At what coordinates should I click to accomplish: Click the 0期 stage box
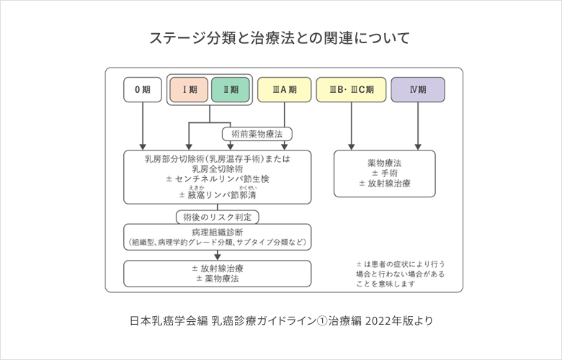(143, 89)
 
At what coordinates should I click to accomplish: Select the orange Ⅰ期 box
(189, 89)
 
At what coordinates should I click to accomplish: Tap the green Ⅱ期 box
(231, 89)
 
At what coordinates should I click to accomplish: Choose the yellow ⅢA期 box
(284, 89)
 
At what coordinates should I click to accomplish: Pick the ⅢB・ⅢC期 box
(351, 89)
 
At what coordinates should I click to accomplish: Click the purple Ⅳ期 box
(418, 89)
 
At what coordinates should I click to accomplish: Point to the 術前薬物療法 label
(257, 134)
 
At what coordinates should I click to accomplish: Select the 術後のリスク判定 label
(218, 216)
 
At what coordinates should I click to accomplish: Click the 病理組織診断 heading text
(218, 232)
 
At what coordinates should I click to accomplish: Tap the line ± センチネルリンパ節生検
(218, 179)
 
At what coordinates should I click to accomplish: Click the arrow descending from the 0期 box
(143, 126)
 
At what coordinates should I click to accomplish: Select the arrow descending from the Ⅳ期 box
(418, 126)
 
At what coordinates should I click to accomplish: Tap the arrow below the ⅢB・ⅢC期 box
(351, 126)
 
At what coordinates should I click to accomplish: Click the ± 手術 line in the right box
(384, 174)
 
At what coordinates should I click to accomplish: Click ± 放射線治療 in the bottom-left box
(218, 268)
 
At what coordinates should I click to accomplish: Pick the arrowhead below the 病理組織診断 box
(218, 255)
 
